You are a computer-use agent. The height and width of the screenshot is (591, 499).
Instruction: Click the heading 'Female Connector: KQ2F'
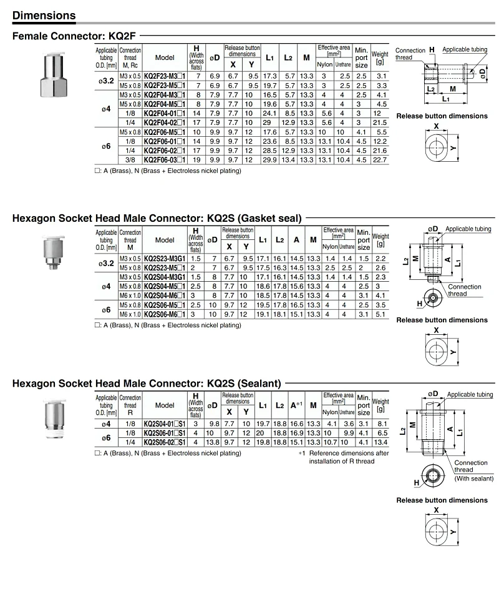[x=74, y=36]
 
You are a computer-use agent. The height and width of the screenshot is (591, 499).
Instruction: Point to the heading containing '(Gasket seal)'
[x=157, y=218]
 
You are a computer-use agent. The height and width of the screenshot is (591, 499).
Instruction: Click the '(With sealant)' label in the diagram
[x=473, y=479]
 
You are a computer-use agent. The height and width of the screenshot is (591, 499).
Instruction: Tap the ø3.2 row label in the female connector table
[x=105, y=81]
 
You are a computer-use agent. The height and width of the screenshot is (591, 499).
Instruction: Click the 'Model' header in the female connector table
[x=165, y=57]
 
